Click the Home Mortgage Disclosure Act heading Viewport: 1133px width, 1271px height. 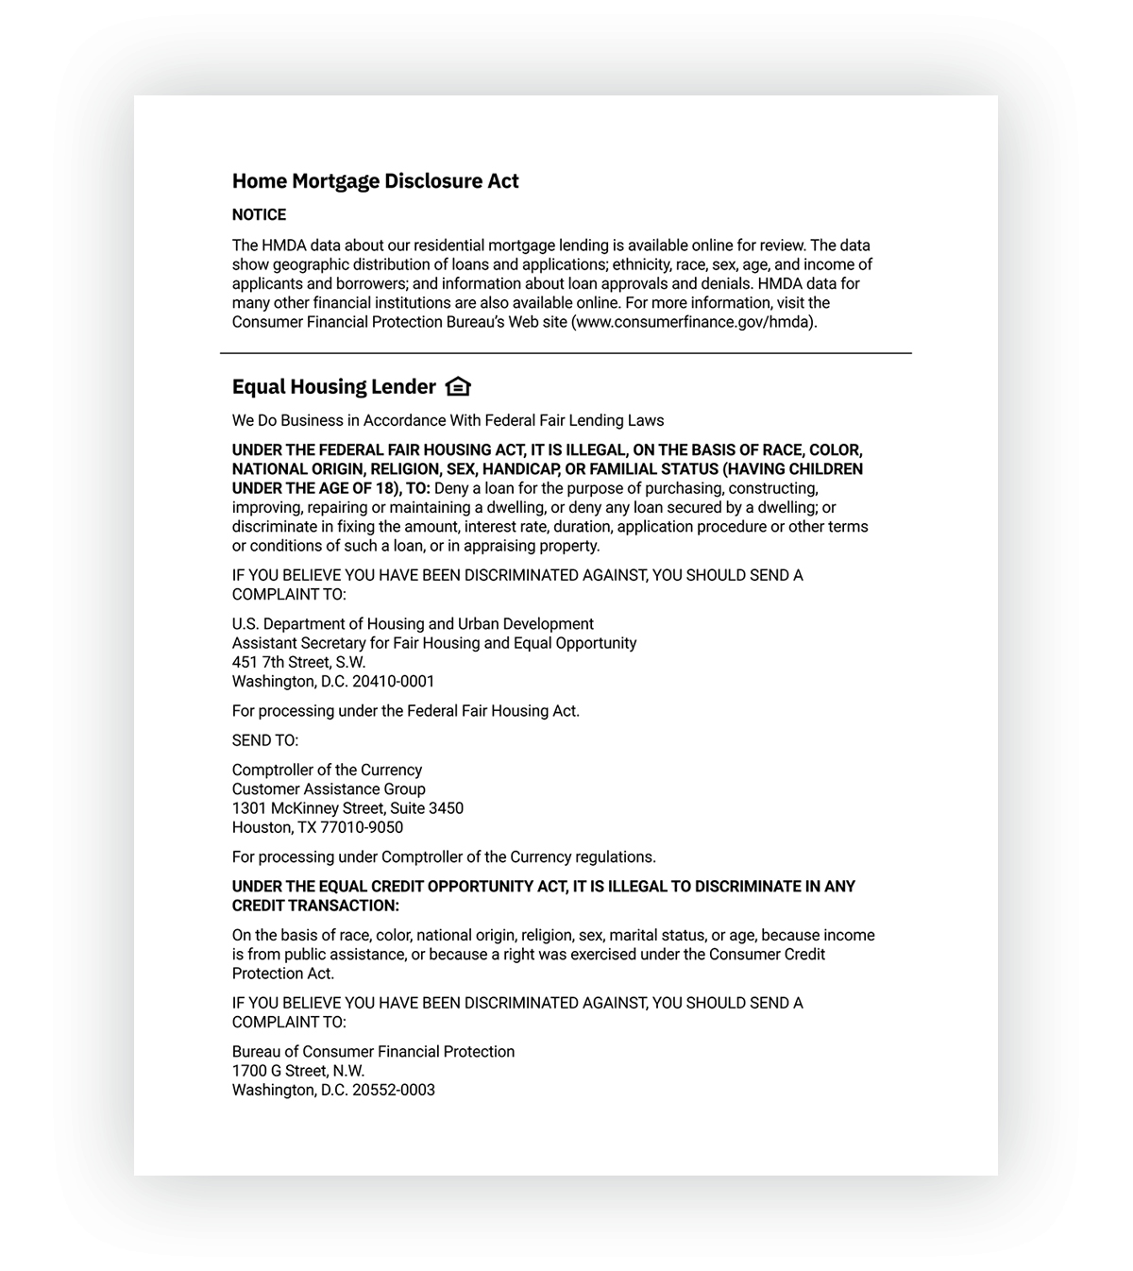point(375,181)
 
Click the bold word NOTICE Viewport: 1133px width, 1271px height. point(259,215)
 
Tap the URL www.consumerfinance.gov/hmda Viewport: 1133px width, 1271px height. point(693,322)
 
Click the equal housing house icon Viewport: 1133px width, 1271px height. point(458,387)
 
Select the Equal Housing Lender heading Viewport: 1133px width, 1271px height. point(334,387)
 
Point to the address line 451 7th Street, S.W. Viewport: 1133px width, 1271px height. point(298,663)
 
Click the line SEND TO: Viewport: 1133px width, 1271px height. point(265,741)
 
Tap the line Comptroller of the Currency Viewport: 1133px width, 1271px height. point(327,771)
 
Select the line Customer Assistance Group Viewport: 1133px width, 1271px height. point(329,789)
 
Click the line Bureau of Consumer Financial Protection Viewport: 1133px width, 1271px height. point(373,1052)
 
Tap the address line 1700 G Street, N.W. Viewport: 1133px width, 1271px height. point(298,1072)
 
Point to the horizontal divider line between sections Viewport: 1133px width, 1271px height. point(566,353)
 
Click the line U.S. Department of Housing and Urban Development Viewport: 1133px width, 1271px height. point(413,624)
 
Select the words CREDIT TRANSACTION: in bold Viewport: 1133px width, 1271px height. point(315,907)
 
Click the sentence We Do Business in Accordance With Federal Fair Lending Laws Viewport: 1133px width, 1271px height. point(448,421)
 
